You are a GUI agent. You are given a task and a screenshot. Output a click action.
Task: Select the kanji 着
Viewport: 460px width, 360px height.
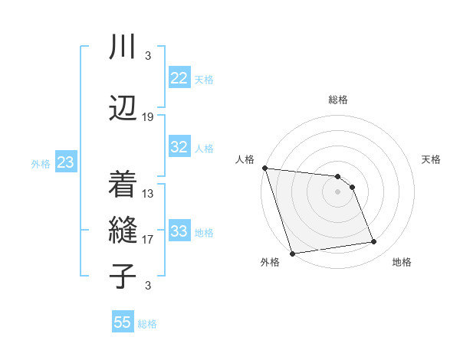(x=123, y=184)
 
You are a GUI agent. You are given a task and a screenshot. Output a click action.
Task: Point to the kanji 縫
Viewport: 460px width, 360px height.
(x=123, y=230)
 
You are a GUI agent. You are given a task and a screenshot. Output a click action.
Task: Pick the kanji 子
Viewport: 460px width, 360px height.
(x=123, y=276)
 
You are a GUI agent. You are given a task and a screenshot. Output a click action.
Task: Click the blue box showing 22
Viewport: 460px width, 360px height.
(x=179, y=78)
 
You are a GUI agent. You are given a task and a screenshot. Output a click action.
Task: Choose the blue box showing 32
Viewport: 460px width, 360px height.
(x=179, y=147)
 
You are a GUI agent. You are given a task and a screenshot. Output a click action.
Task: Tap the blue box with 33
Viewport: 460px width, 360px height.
(x=179, y=231)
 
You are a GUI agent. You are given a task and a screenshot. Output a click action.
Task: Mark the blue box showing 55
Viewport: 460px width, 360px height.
(x=123, y=322)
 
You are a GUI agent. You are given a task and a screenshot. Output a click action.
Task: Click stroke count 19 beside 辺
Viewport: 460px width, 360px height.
(x=148, y=117)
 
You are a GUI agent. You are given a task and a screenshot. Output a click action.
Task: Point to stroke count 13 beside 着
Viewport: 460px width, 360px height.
(x=148, y=194)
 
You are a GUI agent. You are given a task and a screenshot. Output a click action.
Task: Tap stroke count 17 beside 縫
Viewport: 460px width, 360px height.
(x=148, y=240)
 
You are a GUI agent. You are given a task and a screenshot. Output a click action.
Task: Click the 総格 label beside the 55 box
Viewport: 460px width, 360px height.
(x=147, y=324)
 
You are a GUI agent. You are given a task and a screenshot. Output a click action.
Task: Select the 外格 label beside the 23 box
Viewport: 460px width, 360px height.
(x=41, y=164)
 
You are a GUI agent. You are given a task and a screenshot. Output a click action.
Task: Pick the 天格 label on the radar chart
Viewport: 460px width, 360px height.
(x=432, y=159)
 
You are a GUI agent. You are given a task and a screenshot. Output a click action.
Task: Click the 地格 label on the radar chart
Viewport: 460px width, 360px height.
(x=402, y=263)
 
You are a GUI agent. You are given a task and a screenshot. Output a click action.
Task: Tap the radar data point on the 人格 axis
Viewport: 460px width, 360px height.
(x=264, y=168)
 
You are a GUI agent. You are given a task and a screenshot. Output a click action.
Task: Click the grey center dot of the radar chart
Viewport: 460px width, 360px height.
(x=337, y=191)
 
